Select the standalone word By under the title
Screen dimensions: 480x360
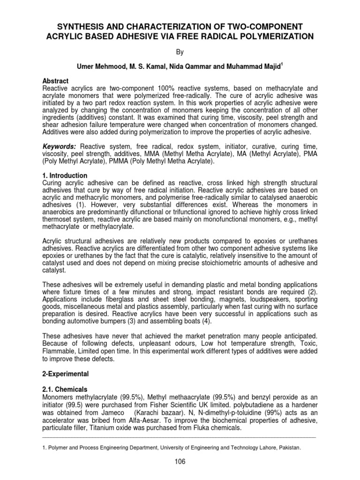[x=180, y=54]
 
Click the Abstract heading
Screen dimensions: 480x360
[x=55, y=81]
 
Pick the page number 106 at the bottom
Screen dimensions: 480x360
[x=180, y=462]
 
